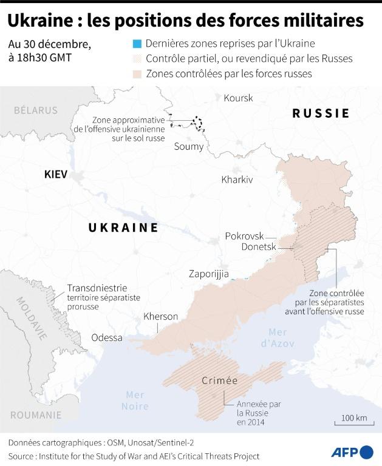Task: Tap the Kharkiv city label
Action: pos(237,180)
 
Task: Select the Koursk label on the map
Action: pos(238,98)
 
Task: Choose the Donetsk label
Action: pos(259,248)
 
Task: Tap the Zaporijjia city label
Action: pos(209,273)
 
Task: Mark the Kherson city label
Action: pos(160,317)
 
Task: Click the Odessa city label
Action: pos(107,338)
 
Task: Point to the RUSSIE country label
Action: pos(321,113)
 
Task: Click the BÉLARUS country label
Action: pos(36,110)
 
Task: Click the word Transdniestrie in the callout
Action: pos(97,288)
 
